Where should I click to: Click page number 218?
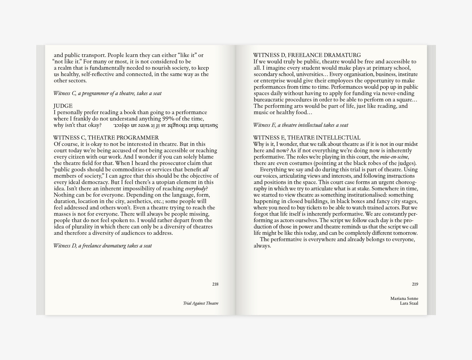(x=215, y=284)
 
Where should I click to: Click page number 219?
(x=415, y=284)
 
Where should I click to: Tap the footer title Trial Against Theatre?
(x=201, y=303)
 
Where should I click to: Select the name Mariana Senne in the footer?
(x=404, y=299)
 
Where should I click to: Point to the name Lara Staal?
(x=409, y=303)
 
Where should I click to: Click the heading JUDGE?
(x=63, y=106)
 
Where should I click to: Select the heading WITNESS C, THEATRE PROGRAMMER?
(x=106, y=138)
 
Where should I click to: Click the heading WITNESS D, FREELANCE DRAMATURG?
(x=307, y=55)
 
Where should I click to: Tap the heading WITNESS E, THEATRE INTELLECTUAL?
(x=307, y=138)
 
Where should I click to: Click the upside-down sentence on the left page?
(x=166, y=126)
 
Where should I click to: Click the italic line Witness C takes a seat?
(x=107, y=94)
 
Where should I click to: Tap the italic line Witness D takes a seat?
(x=103, y=246)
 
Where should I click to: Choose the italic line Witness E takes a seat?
(x=301, y=125)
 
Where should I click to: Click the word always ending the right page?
(x=262, y=246)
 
